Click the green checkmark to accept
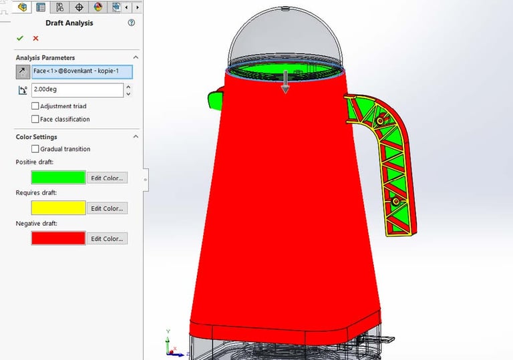tap(20, 38)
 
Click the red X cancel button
tap(35, 38)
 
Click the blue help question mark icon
tap(131, 23)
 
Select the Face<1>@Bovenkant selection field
tap(82, 71)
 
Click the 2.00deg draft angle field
tap(77, 89)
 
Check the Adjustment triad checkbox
tap(35, 106)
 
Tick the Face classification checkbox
tap(35, 119)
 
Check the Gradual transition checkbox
tap(35, 149)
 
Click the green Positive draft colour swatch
tap(59, 178)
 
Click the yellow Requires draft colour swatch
tap(59, 208)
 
